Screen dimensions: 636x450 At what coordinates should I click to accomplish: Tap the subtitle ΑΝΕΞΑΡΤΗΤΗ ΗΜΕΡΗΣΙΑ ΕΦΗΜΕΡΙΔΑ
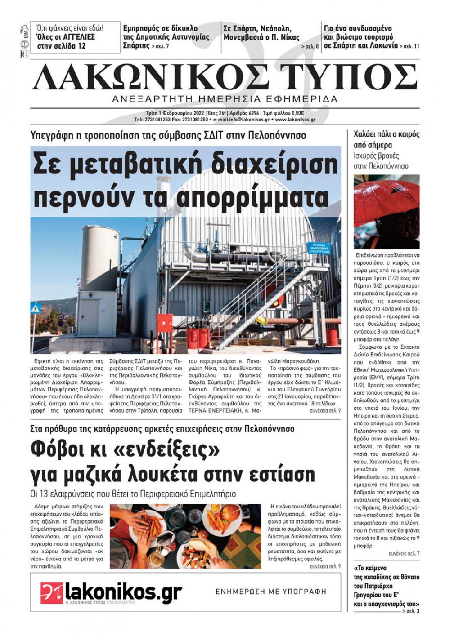coord(225,99)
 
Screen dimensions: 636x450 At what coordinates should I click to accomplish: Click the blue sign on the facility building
coord(318,249)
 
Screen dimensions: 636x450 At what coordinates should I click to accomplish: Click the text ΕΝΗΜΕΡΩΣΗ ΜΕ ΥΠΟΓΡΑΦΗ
coord(271,592)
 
